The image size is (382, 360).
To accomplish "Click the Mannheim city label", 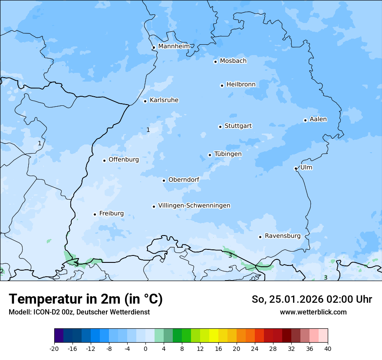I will (x=174, y=46).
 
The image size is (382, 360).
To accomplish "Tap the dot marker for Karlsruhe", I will (x=145, y=101).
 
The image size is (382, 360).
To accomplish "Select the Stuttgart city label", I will (x=238, y=126).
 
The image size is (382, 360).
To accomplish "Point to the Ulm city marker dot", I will (x=296, y=168).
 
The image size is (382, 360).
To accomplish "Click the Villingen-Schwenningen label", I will (x=194, y=206).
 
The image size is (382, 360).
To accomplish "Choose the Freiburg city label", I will (x=111, y=213).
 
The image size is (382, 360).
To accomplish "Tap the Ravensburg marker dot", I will (x=260, y=237).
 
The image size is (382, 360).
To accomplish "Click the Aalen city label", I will (x=318, y=119).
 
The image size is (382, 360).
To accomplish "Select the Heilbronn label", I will (x=241, y=85).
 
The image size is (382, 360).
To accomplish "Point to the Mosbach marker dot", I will (x=215, y=62).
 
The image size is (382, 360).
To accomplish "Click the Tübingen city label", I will (x=228, y=154).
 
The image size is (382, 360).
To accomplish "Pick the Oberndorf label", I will (x=184, y=180).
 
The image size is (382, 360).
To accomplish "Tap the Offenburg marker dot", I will (x=104, y=160).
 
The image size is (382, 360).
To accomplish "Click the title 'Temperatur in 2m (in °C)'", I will (x=86, y=299).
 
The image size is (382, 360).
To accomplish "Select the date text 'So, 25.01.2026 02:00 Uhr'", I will (x=312, y=299).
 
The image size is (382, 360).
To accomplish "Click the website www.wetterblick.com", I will (x=313, y=312).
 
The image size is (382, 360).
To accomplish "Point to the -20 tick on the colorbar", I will (x=54, y=348).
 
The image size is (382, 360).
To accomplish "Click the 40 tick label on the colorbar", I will (x=328, y=348).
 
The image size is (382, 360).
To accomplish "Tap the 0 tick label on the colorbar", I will (x=145, y=348).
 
